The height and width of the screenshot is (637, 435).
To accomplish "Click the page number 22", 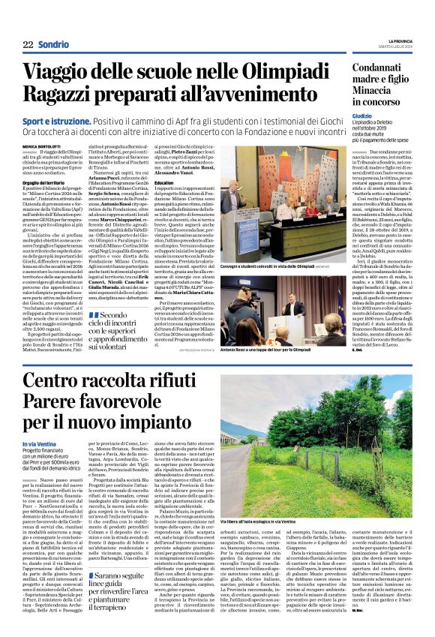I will (x=27, y=44).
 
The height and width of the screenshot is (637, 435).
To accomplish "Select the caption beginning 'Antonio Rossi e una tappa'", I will (x=278, y=350).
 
